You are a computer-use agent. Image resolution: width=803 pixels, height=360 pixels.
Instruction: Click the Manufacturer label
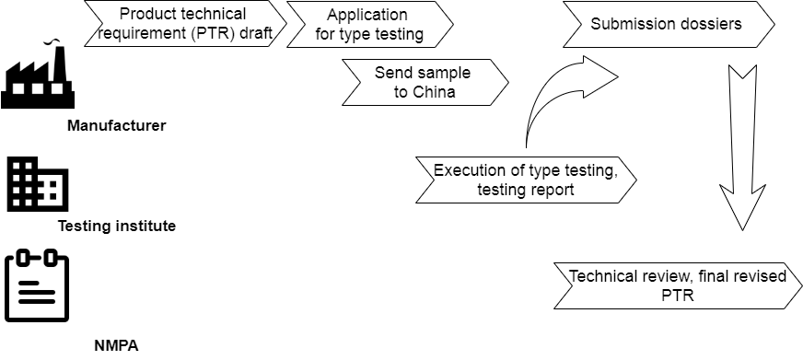(116, 125)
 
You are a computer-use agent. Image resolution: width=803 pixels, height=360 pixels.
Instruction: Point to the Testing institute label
(116, 226)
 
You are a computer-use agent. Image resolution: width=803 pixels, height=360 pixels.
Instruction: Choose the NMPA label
(116, 346)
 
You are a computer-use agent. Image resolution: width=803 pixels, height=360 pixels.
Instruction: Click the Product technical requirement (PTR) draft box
(184, 25)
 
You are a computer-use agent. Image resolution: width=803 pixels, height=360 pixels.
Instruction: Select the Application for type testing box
(369, 25)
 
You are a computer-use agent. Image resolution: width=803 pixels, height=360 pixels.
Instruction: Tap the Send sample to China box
(424, 82)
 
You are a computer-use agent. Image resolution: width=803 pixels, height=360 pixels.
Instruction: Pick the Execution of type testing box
(525, 180)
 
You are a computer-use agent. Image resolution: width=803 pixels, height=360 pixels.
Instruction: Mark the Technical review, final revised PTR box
(677, 285)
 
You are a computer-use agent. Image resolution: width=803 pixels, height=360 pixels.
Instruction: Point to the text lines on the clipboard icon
(38, 295)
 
